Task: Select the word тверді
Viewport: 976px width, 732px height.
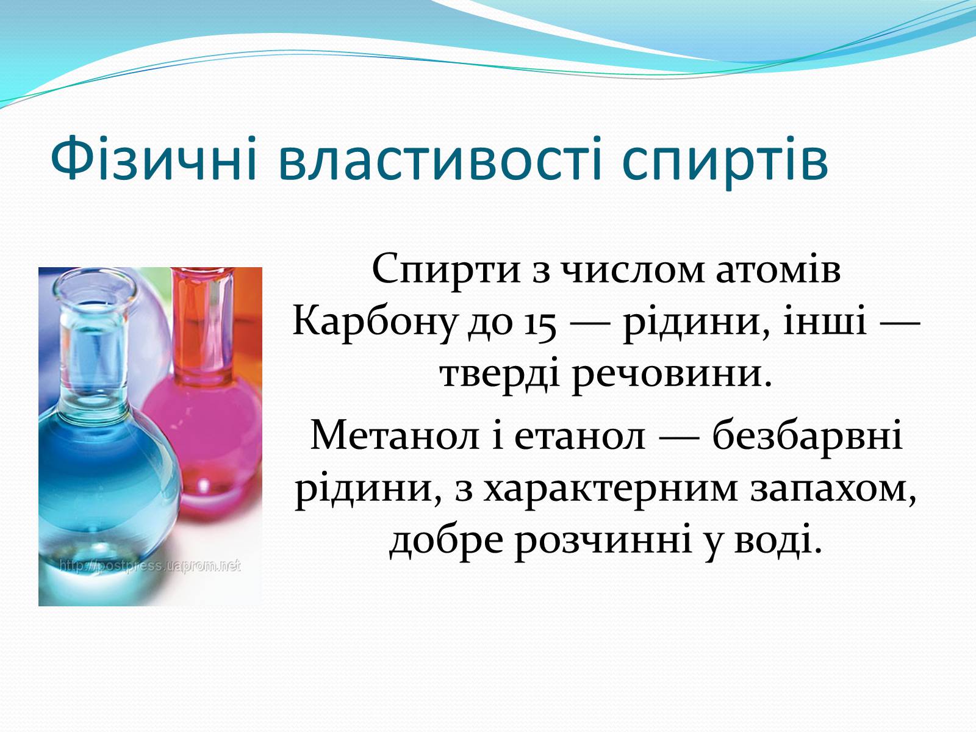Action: click(x=500, y=374)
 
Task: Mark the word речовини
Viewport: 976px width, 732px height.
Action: click(x=672, y=376)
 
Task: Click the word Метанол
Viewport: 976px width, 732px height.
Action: click(x=395, y=436)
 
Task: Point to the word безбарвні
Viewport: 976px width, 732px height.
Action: click(x=808, y=434)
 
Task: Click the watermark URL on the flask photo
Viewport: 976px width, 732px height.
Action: click(x=150, y=566)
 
